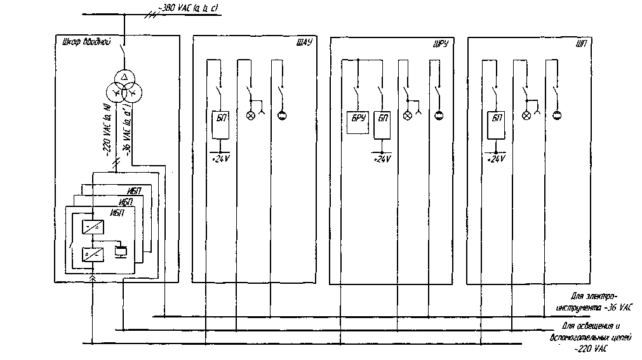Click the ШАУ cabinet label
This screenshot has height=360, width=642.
point(305,43)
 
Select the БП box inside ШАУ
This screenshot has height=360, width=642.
point(220,123)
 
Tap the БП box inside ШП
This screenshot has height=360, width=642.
point(495,124)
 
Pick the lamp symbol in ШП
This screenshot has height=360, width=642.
point(526,116)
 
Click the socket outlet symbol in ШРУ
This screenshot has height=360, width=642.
point(438,116)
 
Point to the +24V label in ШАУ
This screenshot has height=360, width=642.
point(220,158)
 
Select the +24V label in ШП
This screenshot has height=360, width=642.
point(495,159)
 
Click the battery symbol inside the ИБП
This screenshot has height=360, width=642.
point(120,251)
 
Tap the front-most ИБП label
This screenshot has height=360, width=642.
point(119,213)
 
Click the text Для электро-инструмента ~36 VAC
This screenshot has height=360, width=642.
point(594,302)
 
